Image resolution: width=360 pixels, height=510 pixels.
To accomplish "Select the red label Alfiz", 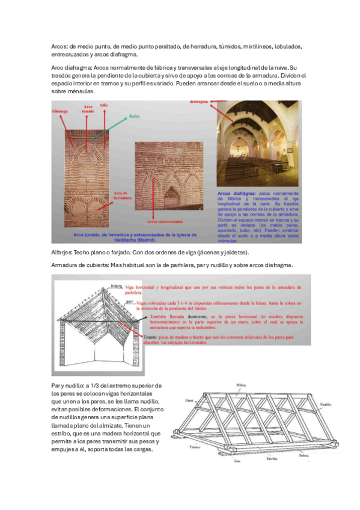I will click(x=103, y=106).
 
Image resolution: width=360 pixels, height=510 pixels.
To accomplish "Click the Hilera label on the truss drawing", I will click(x=241, y=383).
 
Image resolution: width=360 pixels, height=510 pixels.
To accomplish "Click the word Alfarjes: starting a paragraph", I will click(x=61, y=252).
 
